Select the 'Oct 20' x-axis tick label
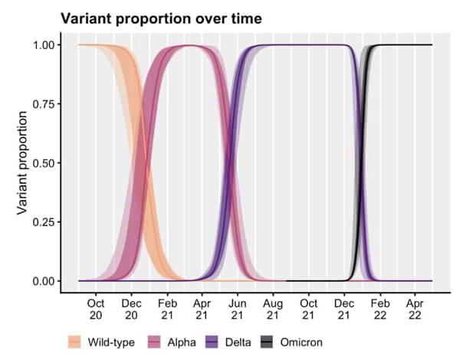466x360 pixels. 96,309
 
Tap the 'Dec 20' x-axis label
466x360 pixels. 131,309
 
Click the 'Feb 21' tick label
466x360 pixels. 167,309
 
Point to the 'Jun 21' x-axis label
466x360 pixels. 237,309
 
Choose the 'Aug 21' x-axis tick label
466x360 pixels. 273,309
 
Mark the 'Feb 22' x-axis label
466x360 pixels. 379,309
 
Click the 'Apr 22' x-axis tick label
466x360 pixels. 415,309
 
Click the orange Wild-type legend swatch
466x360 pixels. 75,342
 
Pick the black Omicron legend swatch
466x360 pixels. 270,342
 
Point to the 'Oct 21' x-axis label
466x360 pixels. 308,309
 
